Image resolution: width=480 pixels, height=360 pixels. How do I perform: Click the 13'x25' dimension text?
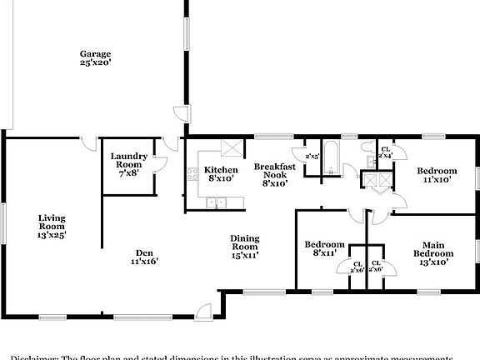pyautogui.click(x=52, y=235)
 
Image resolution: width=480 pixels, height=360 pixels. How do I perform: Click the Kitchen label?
pyautogui.click(x=221, y=170)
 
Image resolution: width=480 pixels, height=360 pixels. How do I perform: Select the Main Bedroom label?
pyautogui.click(x=434, y=252)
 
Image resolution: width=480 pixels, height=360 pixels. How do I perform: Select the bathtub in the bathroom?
pyautogui.click(x=331, y=159)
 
